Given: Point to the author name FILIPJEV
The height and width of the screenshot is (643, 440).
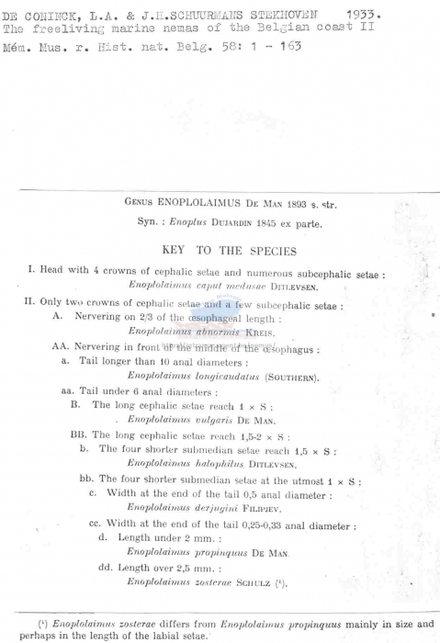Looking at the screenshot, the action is click(x=281, y=508).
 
